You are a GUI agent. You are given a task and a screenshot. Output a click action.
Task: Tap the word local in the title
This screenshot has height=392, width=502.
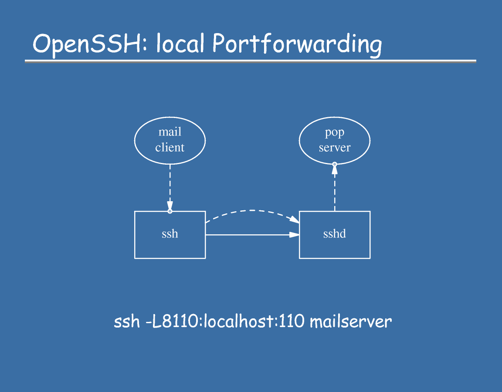[180, 44]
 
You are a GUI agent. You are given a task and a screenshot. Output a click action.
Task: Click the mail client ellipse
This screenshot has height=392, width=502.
[170, 140]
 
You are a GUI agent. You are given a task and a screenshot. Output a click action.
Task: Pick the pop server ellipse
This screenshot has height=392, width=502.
[334, 140]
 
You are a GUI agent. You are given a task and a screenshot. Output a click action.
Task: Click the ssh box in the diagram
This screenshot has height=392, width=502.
[170, 235]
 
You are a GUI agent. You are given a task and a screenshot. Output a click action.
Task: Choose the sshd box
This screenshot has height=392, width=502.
[334, 235]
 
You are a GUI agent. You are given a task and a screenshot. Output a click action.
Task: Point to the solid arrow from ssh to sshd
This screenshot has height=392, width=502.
[252, 235]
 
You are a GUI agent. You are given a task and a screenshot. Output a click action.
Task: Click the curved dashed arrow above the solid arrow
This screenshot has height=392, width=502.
[252, 211]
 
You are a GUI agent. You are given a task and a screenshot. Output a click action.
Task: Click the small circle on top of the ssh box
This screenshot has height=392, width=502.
[170, 211]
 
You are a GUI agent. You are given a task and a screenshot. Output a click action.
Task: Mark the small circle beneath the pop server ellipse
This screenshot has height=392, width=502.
[334, 164]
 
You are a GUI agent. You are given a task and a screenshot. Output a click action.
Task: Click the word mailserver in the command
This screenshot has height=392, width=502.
[351, 322]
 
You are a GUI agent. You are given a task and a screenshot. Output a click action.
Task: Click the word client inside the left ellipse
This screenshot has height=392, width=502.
[170, 148]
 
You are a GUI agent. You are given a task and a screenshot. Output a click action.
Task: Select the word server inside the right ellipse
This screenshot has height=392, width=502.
[334, 148]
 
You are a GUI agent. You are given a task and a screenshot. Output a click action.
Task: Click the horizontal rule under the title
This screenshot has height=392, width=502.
[251, 61]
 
